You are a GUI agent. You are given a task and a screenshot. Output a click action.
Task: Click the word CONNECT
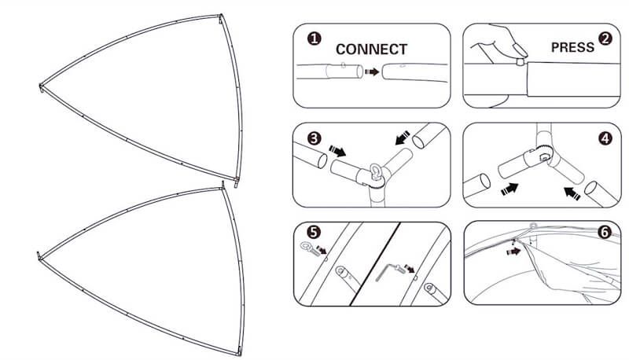tap(371, 49)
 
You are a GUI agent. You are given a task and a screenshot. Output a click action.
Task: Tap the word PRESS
tap(572, 47)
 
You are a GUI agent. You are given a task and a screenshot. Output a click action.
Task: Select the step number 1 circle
tap(314, 38)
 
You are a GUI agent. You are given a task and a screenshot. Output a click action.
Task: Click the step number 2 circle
tap(605, 38)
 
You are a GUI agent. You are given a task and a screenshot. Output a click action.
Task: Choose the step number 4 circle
tap(605, 139)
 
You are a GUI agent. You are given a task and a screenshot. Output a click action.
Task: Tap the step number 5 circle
tap(314, 233)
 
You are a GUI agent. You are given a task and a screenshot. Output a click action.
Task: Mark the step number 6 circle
tap(605, 233)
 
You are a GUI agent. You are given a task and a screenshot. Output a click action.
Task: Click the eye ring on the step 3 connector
tap(378, 171)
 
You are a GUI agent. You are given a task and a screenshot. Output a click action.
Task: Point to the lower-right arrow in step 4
tap(572, 190)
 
